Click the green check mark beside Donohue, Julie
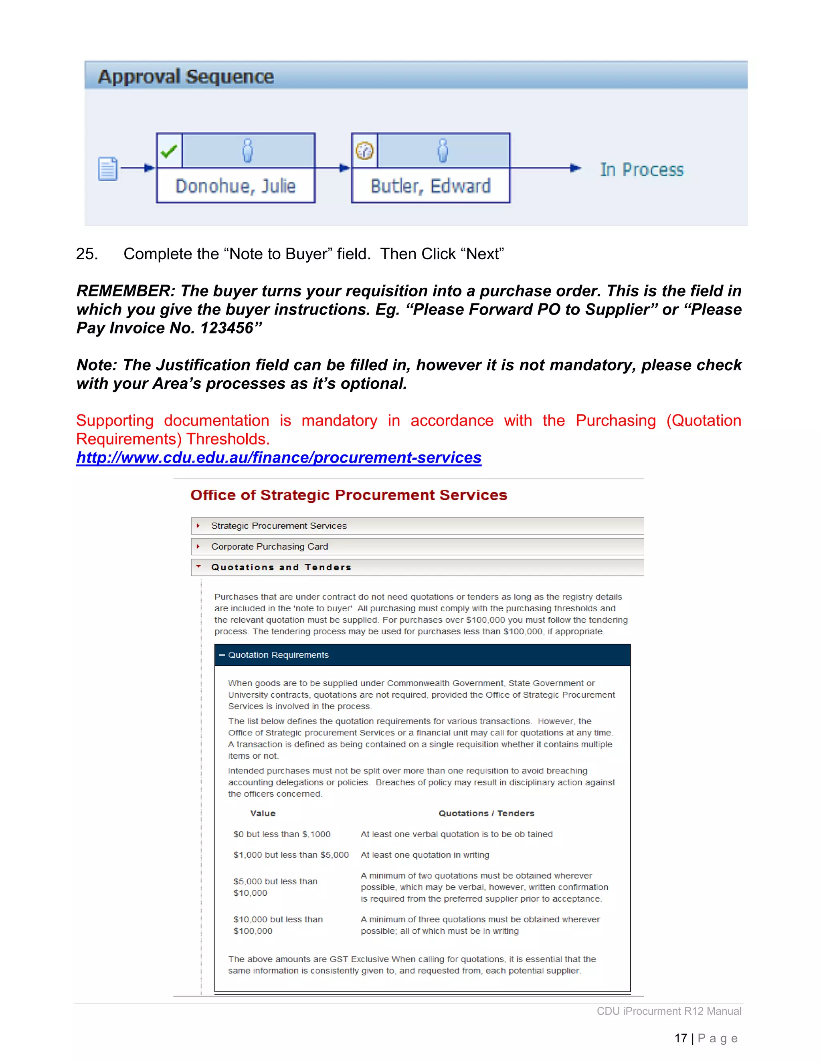click(x=169, y=151)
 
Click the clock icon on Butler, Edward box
click(x=365, y=151)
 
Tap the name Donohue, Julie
click(x=235, y=186)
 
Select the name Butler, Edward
click(x=431, y=186)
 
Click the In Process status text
click(x=641, y=170)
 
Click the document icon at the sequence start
click(x=107, y=169)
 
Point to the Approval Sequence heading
click(x=186, y=77)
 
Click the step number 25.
click(x=87, y=254)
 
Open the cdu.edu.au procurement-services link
click(x=279, y=458)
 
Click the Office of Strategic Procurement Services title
click(x=349, y=495)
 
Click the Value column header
click(x=263, y=814)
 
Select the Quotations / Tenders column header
click(x=486, y=814)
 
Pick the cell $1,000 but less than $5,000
click(x=291, y=855)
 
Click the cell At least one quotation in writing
click(x=425, y=855)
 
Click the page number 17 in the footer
click(x=680, y=1038)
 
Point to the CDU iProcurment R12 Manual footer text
click(x=669, y=1011)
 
